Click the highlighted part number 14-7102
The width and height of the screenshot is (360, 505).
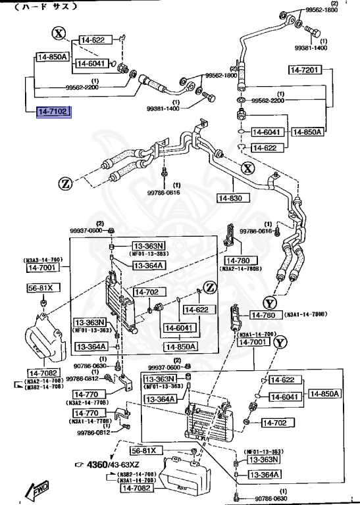coord(53,112)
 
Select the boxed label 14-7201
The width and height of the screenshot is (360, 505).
coord(304,70)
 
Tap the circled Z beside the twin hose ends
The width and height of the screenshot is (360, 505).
coord(64,183)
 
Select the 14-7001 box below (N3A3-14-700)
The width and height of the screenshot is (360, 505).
coord(43,267)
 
